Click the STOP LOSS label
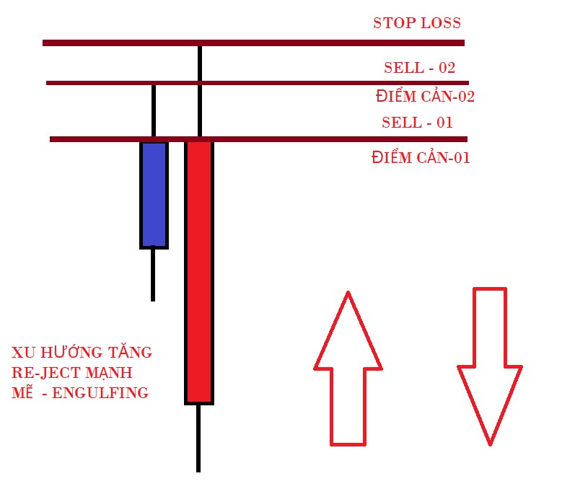[x=416, y=23]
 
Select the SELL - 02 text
[x=419, y=69]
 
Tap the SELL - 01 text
[x=417, y=123]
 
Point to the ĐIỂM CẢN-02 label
[x=425, y=96]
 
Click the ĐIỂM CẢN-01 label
[x=421, y=157]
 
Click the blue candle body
[x=154, y=195]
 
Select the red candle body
[x=199, y=271]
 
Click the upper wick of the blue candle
[x=153, y=112]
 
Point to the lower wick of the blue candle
[x=153, y=275]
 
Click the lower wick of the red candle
[x=198, y=438]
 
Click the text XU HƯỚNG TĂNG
[x=82, y=353]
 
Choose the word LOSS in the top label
[x=437, y=23]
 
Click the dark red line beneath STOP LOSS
[x=253, y=43]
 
